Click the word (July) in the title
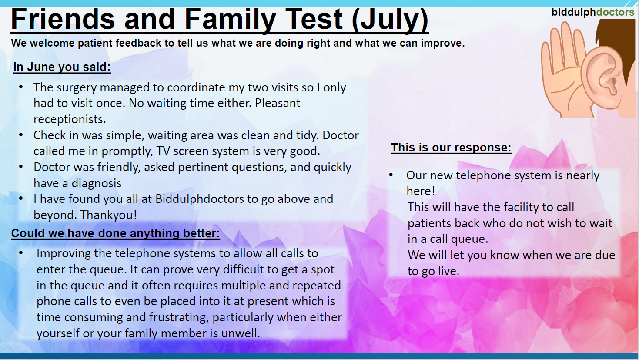[390, 20]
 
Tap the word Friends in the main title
[63, 20]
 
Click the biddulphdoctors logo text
[592, 12]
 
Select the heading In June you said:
[62, 67]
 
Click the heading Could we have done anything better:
[115, 233]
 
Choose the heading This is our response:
[451, 148]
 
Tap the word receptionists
[70, 119]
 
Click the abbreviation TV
[163, 151]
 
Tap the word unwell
[241, 333]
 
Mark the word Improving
[64, 253]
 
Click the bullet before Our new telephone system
[391, 175]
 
